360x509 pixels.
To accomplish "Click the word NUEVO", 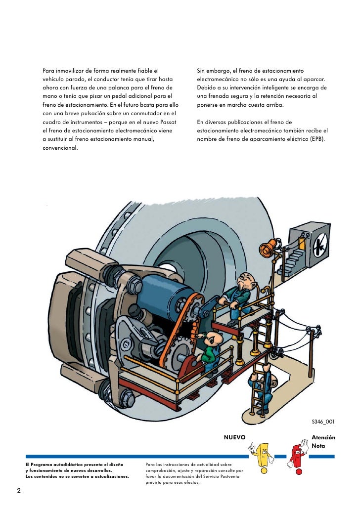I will (x=234, y=437).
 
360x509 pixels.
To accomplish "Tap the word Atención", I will (x=323, y=437).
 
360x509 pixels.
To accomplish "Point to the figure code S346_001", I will (x=322, y=422).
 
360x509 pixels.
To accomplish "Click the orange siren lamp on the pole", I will (x=270, y=247).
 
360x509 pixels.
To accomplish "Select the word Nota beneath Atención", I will (x=318, y=446).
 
